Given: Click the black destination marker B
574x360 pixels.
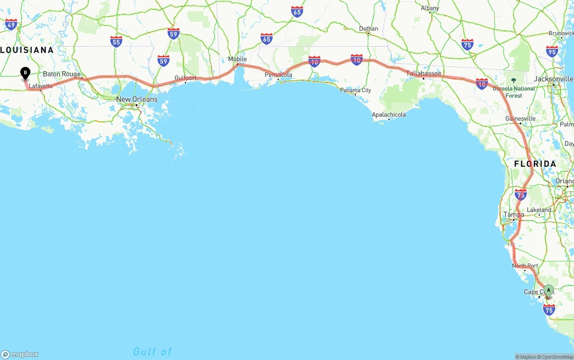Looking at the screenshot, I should (x=26, y=73).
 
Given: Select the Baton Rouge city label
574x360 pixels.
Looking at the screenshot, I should (x=62, y=74).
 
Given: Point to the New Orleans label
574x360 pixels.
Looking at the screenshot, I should (x=137, y=99).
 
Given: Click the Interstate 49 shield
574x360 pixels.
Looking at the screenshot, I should (x=11, y=24).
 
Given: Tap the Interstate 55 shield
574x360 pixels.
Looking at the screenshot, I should (x=116, y=42).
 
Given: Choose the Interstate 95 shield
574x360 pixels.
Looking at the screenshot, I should (x=552, y=51).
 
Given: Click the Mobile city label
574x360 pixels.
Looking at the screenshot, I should (x=237, y=59).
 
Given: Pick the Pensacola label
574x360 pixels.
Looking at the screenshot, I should (x=278, y=74).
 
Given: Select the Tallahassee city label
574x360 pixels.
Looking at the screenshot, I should (x=424, y=73).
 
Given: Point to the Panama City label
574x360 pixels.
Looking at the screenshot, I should (x=355, y=90).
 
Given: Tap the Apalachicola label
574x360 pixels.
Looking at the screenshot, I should (x=389, y=114).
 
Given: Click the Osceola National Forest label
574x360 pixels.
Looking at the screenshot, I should (x=514, y=91).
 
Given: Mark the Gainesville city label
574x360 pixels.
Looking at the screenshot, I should (x=520, y=118).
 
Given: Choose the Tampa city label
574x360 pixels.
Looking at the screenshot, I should (x=513, y=214).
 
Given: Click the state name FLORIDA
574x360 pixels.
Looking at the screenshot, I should (x=535, y=164).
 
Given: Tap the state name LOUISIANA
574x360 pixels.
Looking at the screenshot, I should (x=27, y=50).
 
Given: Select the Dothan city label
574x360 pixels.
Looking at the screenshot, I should (x=368, y=29).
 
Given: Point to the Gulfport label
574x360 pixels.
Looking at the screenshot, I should (x=186, y=78).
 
